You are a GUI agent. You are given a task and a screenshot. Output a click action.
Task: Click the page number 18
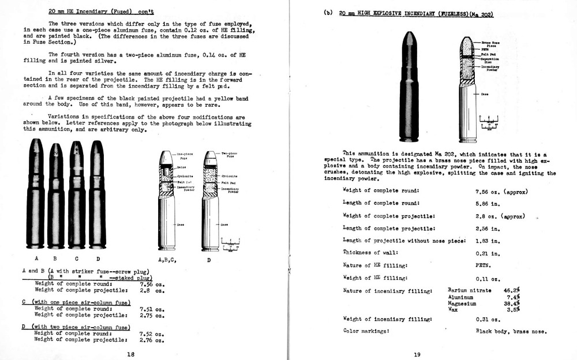[131, 354]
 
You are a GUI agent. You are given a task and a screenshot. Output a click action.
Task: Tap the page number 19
[417, 354]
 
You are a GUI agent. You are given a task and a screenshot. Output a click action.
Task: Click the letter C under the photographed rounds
[76, 258]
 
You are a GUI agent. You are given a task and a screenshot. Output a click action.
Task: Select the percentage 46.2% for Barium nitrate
[512, 290]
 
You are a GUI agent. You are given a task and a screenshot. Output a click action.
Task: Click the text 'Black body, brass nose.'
[511, 331]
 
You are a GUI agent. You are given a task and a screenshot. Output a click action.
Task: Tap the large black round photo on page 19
[409, 87]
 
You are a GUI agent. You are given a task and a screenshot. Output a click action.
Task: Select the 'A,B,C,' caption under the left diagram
[167, 260]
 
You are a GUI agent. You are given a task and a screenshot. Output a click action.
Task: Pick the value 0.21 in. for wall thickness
[486, 252]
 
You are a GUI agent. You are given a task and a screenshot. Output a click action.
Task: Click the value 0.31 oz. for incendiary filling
[488, 319]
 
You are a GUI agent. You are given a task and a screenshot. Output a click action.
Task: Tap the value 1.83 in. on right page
[486, 240]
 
